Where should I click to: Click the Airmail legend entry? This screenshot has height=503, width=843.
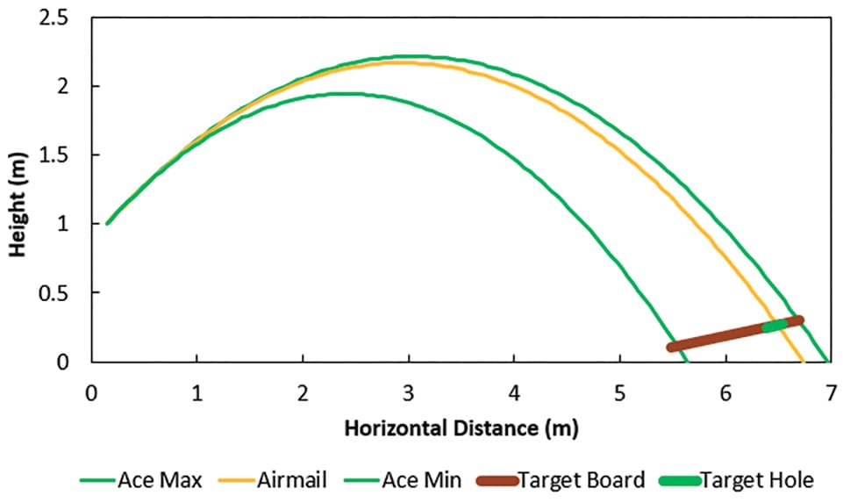tap(273, 479)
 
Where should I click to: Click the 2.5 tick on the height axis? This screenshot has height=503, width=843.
tap(54, 18)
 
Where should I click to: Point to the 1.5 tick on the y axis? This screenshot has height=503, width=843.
tap(54, 155)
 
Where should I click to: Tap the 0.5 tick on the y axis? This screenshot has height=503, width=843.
tap(54, 292)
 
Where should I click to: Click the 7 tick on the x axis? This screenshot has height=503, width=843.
tap(832, 393)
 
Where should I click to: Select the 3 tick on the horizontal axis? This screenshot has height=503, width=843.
tap(409, 393)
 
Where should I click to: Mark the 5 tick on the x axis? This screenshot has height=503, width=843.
tap(620, 393)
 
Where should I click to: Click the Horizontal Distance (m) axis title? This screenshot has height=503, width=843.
tap(461, 428)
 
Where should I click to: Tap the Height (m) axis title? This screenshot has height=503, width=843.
tap(18, 205)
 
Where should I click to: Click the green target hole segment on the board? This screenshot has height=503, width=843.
tap(775, 326)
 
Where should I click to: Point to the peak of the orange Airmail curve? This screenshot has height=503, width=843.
tap(404, 62)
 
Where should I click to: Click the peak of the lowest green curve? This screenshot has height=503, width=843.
tap(339, 94)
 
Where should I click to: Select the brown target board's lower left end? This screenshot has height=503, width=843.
tap(670, 348)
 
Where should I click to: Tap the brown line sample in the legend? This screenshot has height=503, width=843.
tap(497, 480)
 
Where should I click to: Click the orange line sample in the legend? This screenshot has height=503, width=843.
tap(236, 480)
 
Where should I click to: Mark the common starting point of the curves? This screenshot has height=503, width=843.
tap(108, 223)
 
